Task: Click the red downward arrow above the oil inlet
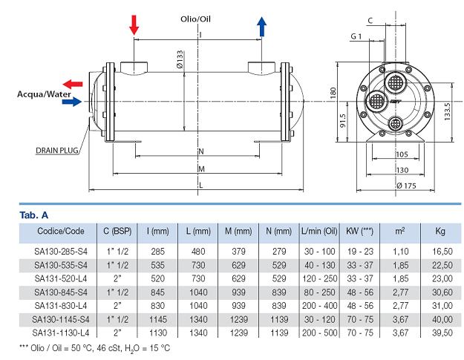pos(134,24)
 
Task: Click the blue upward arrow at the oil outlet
pos(261,25)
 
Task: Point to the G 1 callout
pos(358,36)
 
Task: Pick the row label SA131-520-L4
pos(61,276)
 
